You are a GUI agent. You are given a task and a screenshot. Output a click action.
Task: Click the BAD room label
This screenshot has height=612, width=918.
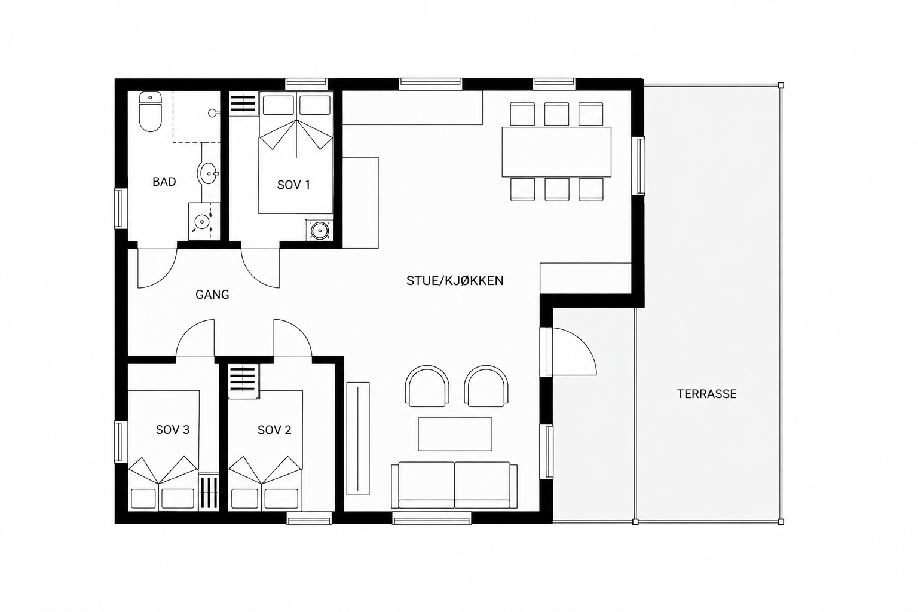[164, 182]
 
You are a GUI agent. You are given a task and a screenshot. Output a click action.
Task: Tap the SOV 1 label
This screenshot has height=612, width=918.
[293, 185]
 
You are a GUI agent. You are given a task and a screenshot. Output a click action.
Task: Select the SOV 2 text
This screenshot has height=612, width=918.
[274, 430]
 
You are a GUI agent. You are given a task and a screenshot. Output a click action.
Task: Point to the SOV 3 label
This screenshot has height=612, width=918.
[173, 430]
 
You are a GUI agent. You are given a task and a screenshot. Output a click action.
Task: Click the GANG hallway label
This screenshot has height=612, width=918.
[212, 294]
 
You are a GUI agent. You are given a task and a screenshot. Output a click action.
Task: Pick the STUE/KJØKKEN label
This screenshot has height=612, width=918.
[455, 280]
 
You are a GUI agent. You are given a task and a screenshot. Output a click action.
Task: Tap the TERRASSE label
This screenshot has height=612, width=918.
[707, 394]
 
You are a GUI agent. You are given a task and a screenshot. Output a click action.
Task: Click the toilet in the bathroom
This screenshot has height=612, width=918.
[151, 112]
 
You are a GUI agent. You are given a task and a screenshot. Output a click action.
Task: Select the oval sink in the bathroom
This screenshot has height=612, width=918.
[209, 173]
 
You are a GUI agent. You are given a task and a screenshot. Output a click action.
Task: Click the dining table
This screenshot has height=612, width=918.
[556, 152]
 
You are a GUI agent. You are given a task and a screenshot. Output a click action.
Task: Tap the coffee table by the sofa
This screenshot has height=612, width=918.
[455, 434]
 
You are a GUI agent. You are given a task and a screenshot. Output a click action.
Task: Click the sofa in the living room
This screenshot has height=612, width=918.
[454, 485]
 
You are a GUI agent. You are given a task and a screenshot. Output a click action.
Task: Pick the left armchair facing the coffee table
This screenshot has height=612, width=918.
[427, 385]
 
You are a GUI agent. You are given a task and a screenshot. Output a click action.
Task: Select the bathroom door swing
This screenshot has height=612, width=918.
[164, 275]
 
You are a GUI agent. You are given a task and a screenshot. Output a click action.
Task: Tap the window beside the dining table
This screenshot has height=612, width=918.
[641, 166]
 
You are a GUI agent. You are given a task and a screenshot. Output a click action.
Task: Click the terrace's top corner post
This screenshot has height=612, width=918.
[781, 85]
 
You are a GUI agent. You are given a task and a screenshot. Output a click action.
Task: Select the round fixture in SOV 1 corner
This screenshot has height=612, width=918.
[319, 230]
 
